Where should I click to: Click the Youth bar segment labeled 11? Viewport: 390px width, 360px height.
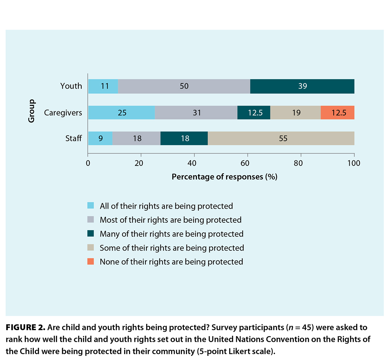point(103,86)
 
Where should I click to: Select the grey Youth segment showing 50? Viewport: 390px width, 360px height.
point(184,86)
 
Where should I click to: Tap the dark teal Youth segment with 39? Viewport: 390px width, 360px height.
point(302,86)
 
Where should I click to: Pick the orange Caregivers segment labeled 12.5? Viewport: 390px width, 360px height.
point(338,113)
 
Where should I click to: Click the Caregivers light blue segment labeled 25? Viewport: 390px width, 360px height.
point(122,113)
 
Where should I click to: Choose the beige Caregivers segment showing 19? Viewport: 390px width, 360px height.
point(295,113)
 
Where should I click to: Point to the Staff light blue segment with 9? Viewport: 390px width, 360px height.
point(100,139)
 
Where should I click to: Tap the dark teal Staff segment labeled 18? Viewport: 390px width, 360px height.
point(184,139)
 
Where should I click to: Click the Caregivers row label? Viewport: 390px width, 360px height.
point(63,113)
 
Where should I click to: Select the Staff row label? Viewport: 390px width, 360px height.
point(73,139)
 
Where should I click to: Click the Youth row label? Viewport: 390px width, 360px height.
point(71,86)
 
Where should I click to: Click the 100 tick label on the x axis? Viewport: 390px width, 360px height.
point(354,163)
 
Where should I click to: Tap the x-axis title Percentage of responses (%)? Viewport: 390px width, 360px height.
point(224,177)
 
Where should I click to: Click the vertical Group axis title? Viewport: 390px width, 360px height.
point(32,111)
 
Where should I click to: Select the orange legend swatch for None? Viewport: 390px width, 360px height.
point(91,262)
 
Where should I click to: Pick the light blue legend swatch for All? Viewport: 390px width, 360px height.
point(91,206)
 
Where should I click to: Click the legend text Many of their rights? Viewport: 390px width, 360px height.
point(171,234)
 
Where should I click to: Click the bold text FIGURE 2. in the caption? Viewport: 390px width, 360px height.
point(25,328)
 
